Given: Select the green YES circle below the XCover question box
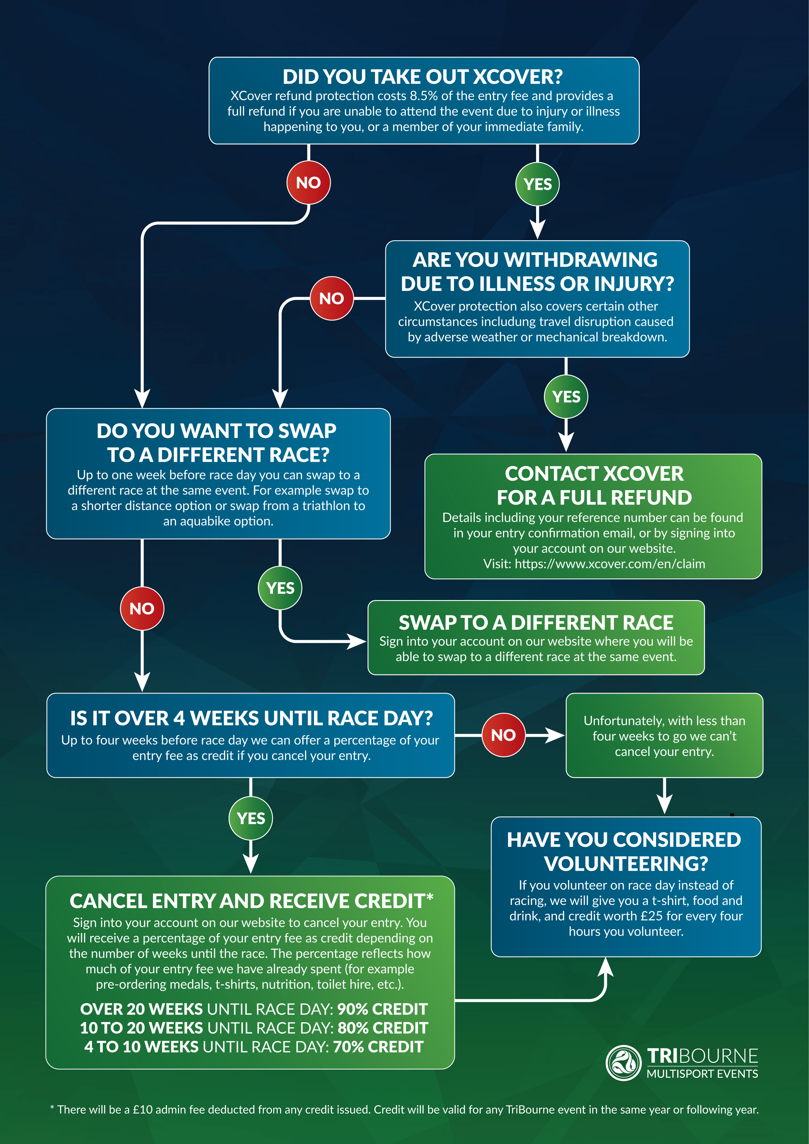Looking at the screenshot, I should (537, 184).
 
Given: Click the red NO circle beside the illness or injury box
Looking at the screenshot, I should (331, 298).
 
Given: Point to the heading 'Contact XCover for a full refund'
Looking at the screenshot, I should (594, 485).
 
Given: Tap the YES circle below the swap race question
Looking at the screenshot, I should (280, 588).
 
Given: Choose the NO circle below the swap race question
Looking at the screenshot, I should (142, 609).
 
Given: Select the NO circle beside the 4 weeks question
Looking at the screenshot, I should (503, 735).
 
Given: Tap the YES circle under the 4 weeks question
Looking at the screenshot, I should (250, 818).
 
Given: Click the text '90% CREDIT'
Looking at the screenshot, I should (382, 1009).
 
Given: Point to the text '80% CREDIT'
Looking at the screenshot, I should (382, 1028).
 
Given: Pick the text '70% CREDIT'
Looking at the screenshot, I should (378, 1047).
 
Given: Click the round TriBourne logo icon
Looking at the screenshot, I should (623, 1063).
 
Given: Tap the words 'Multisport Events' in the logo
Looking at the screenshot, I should (702, 1074).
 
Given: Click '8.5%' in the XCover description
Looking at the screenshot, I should (424, 96).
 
